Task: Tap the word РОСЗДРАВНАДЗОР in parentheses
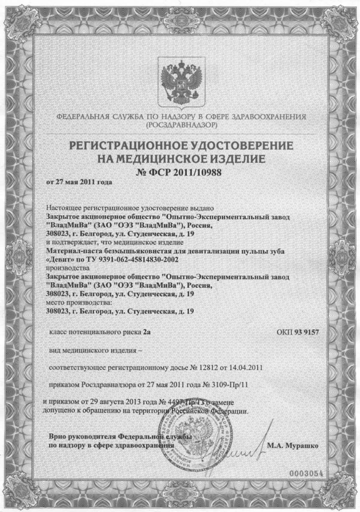coord(179,125)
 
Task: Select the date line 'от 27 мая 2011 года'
coord(79,182)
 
